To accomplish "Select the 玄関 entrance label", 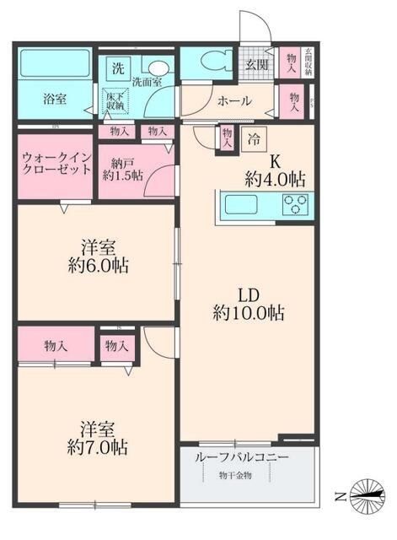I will point(256,65).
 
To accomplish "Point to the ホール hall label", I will point(233,101).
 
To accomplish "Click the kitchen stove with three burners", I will point(295,203).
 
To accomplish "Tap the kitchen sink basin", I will point(241,203).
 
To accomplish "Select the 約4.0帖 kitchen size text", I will point(275,178).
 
